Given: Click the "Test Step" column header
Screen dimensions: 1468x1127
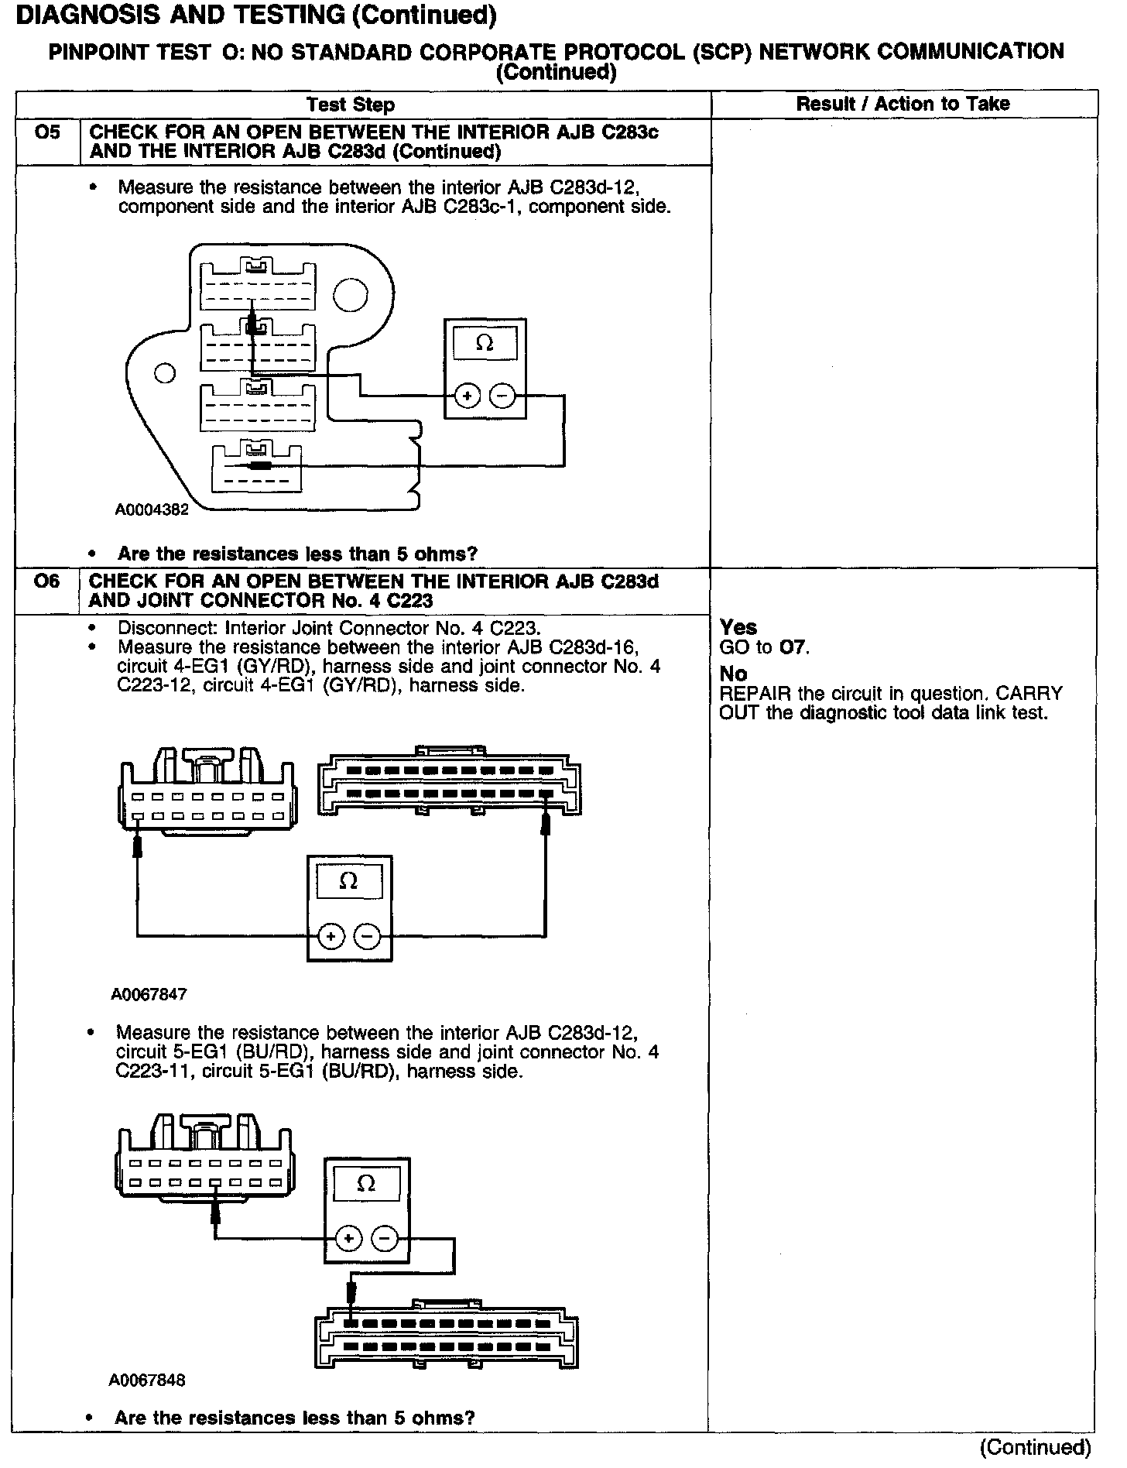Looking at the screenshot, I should click(x=351, y=105).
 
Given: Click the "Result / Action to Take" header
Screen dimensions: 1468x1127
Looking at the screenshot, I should click(x=903, y=104).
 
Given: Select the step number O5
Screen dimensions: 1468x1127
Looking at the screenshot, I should click(x=47, y=132).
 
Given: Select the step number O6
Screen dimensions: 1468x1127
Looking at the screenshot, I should click(x=46, y=581).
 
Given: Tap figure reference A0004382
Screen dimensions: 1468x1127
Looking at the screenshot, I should click(x=152, y=509).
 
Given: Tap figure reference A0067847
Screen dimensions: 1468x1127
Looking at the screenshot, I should click(x=149, y=994).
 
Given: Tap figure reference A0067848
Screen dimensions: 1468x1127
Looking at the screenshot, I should click(x=148, y=1380).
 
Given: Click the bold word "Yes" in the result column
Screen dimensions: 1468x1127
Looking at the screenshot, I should click(x=738, y=627).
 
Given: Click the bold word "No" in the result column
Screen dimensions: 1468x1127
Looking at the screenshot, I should click(x=733, y=674).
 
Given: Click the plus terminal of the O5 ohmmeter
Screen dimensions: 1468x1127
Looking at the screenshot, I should click(x=467, y=396).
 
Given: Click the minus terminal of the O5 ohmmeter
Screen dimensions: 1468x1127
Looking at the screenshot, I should click(x=503, y=396).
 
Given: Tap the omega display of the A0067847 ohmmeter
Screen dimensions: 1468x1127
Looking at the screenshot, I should click(x=349, y=882).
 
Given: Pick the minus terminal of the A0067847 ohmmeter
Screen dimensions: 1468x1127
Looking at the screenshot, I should click(x=367, y=937).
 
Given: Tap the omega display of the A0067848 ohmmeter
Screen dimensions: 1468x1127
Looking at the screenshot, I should click(x=367, y=1184).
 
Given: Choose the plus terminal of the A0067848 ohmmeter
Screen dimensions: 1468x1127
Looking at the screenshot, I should click(x=349, y=1239).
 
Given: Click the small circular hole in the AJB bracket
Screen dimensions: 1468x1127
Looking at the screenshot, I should click(x=164, y=373).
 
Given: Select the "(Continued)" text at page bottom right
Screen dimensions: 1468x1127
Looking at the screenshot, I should click(x=1035, y=1446).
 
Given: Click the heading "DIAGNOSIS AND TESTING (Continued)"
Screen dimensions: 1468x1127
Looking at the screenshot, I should click(x=256, y=15).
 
